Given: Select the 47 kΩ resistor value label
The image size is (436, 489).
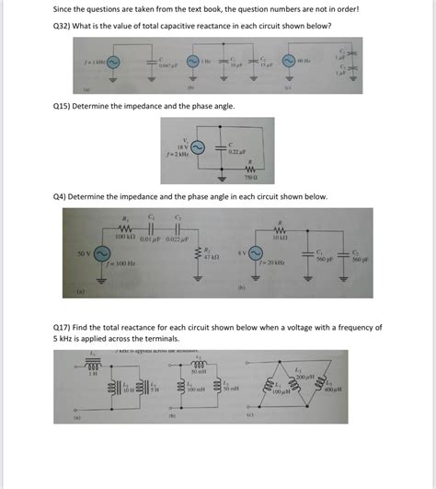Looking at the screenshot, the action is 212,258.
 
